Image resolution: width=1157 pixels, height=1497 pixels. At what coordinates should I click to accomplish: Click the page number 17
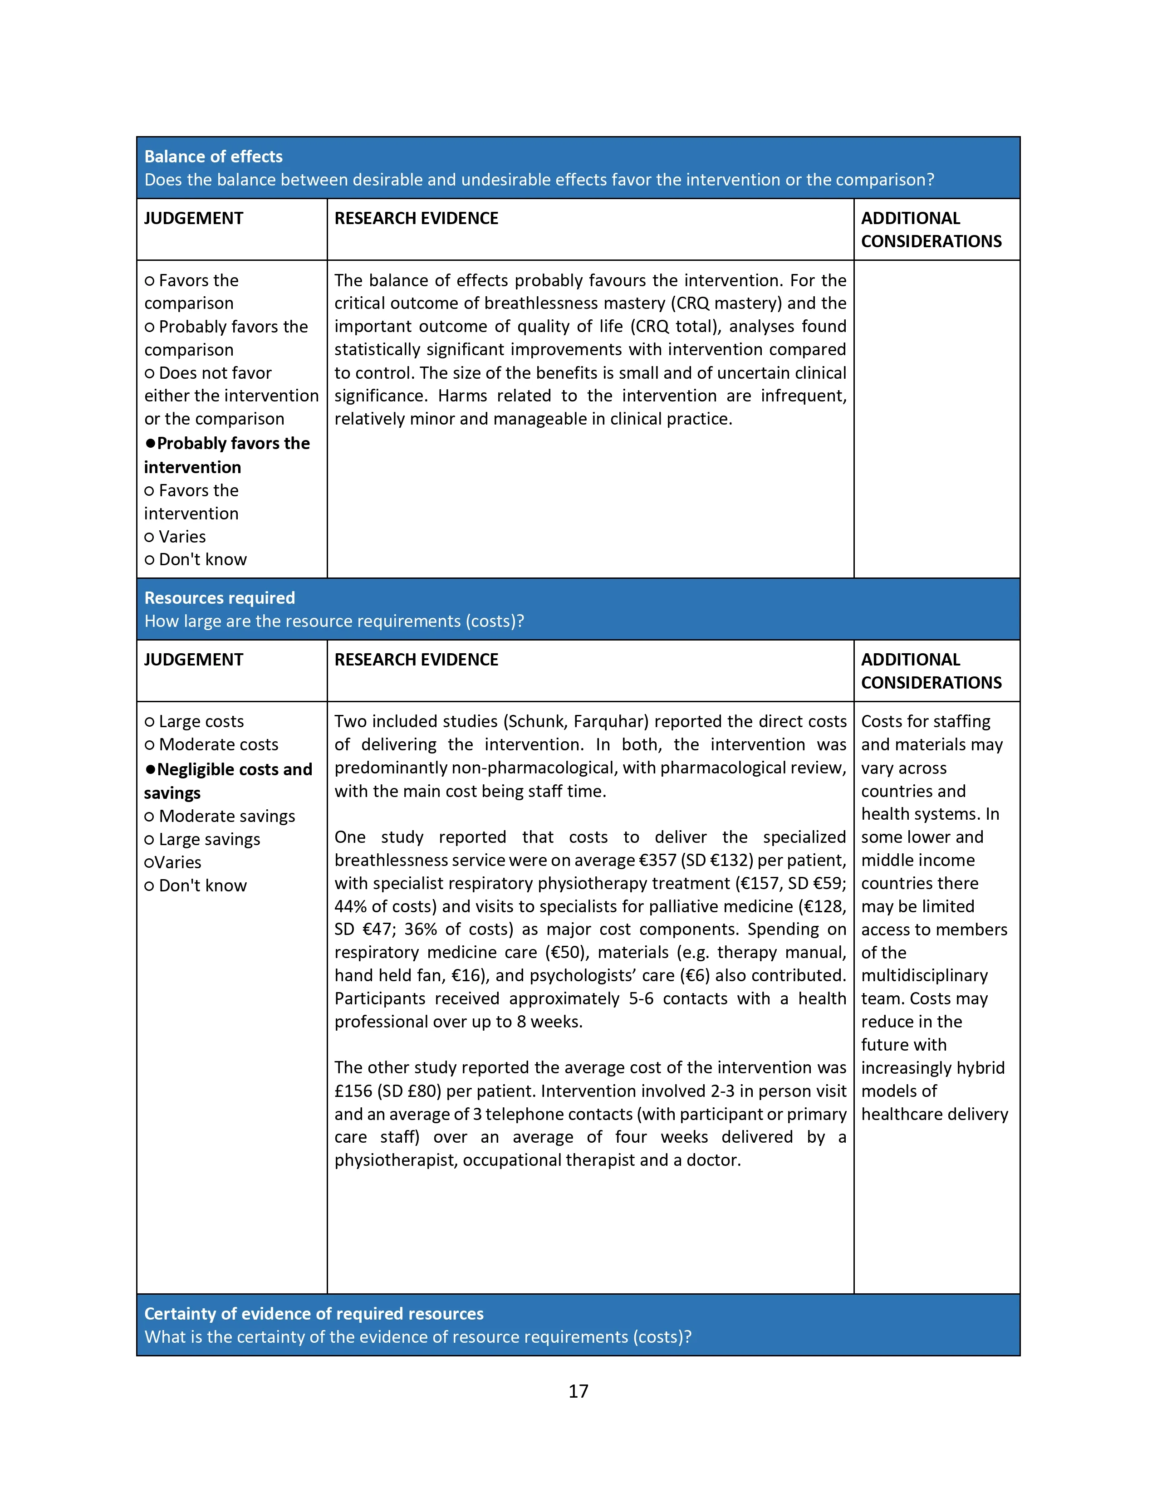[578, 1391]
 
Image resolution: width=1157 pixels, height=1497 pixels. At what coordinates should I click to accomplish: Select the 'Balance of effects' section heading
[213, 157]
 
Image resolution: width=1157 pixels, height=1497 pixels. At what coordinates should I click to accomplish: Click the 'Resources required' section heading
[219, 598]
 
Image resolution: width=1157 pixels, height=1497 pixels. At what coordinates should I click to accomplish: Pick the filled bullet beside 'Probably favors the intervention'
[150, 444]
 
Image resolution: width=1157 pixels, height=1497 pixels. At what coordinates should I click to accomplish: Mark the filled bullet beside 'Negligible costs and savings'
[150, 770]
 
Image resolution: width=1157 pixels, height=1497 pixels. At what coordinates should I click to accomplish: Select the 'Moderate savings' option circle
[149, 817]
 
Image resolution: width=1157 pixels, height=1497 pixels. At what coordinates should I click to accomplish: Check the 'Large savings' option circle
[149, 840]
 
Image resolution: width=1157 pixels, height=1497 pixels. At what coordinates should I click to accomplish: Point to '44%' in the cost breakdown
[350, 906]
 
